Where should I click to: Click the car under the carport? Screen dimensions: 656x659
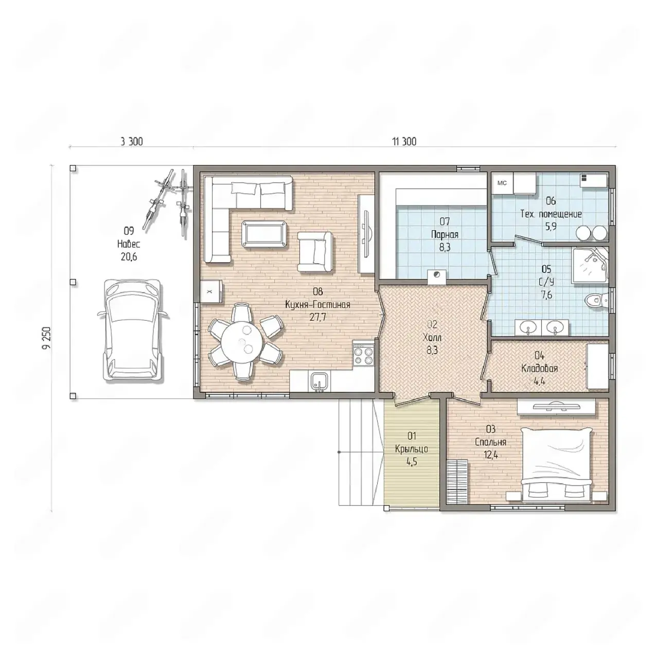point(132,329)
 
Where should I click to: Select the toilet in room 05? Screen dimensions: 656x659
point(596,300)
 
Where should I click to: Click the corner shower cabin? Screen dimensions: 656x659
point(590,265)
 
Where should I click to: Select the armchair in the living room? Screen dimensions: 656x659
point(315,252)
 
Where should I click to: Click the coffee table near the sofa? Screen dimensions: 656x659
point(264,234)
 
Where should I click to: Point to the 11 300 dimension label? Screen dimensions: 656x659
point(404,141)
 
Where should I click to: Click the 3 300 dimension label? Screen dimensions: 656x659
point(132,141)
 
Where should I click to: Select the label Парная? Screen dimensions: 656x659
point(445,235)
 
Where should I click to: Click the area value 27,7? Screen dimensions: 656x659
point(318,317)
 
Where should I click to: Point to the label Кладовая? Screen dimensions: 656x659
point(539,368)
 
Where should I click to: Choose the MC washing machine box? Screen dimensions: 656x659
point(502,183)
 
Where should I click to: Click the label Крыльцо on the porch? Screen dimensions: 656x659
point(412,448)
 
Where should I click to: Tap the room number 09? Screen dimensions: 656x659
point(129,231)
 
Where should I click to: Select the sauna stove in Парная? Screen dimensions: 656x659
point(437,276)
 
